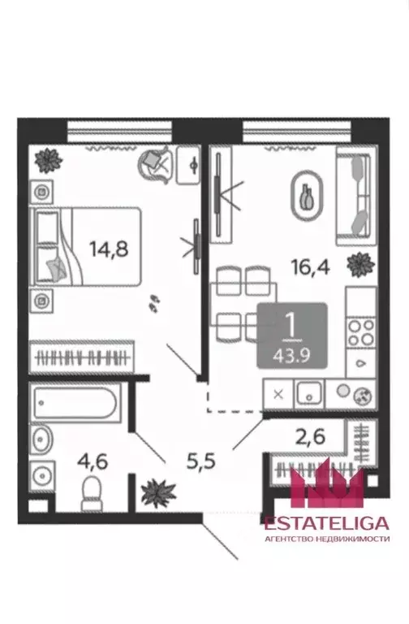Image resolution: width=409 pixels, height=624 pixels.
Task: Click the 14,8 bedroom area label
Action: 109,249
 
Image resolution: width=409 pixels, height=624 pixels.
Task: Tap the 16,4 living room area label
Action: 311,266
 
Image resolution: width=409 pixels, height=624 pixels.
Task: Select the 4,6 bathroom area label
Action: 93,461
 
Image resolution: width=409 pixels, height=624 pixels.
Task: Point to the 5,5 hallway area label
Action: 200,461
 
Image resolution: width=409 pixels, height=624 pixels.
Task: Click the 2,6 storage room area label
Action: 310,436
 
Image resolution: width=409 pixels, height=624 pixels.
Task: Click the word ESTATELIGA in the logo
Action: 327,523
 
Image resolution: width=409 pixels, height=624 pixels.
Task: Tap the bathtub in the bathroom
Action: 75,403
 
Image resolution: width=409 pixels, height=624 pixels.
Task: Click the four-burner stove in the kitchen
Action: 361,332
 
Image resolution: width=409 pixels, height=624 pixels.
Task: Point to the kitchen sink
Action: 309,394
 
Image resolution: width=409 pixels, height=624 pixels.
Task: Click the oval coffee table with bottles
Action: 307,195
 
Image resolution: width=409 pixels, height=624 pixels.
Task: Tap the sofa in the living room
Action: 356,196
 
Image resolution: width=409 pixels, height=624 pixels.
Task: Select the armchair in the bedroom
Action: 155,164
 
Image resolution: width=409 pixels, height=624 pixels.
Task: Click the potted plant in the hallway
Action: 157,492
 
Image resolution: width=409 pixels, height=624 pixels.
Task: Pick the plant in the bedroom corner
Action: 48,160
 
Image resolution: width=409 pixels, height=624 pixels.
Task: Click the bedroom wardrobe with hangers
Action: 81,357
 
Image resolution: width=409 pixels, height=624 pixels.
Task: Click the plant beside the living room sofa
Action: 360,264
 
